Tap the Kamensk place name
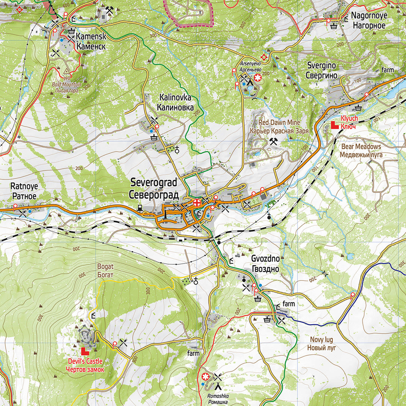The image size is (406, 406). [91, 42]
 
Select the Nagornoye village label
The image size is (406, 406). [368, 21]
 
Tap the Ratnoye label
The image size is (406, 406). [24, 191]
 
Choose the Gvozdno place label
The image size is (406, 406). [265, 264]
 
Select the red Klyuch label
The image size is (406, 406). [348, 123]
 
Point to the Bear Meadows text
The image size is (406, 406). [361, 150]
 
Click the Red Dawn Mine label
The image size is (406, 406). [279, 127]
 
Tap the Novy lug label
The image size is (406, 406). [321, 343]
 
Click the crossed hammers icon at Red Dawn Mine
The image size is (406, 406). [273, 141]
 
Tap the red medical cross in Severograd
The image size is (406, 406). [196, 203]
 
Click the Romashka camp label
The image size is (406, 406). [218, 399]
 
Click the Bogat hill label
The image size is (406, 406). [105, 271]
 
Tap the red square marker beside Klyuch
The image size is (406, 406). [335, 125]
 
